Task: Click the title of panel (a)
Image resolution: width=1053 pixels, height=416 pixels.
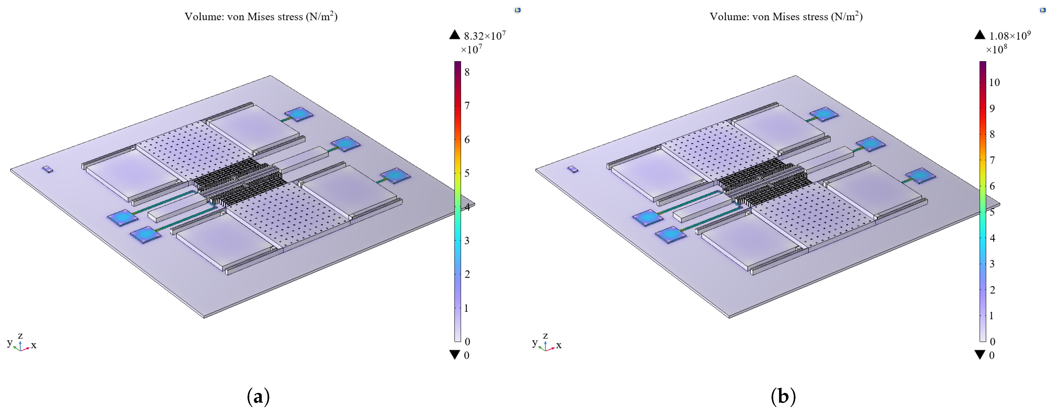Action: [x=261, y=16]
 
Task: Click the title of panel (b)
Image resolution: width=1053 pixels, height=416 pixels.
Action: [x=786, y=16]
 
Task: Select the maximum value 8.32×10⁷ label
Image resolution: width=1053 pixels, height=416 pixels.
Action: [x=485, y=36]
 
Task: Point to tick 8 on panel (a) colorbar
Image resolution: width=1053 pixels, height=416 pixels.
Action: [x=467, y=72]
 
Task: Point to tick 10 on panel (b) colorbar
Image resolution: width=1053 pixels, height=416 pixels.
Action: [x=994, y=83]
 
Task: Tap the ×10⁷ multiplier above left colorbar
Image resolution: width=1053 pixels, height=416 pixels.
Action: [x=471, y=49]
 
